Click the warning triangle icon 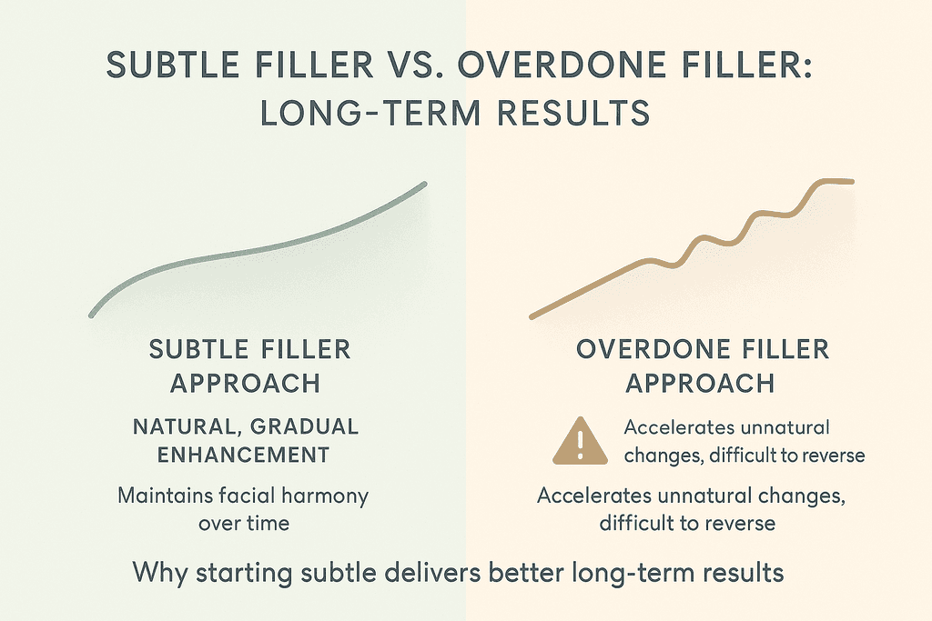tap(580, 442)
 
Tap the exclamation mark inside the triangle tap(580, 444)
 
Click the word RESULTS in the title tap(573, 113)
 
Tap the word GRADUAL tap(304, 426)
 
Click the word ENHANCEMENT tap(243, 455)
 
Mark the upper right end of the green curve tap(425, 184)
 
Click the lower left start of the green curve tap(92, 316)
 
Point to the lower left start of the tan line tap(532, 317)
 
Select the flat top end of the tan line tap(852, 182)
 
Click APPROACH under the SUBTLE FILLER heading tap(246, 384)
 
